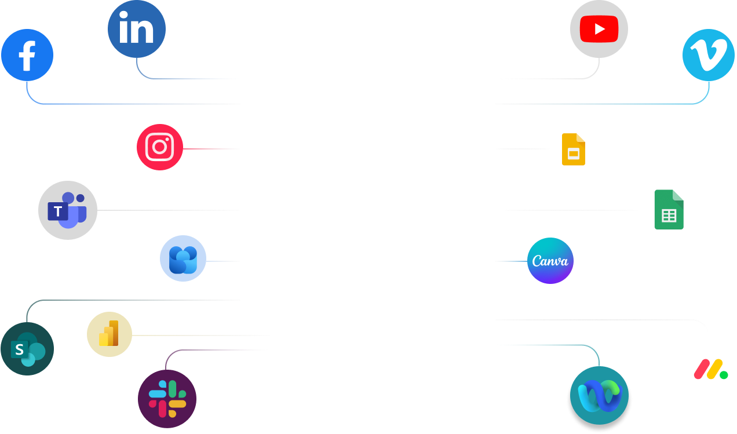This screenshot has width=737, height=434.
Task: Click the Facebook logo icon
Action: tap(27, 55)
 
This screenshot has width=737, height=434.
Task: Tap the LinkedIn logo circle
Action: tap(137, 29)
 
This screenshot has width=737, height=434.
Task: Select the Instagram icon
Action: tap(160, 147)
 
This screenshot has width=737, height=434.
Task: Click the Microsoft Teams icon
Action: tap(68, 210)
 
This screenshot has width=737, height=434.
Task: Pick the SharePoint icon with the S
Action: tap(27, 349)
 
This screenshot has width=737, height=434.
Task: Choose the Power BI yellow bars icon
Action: tap(110, 334)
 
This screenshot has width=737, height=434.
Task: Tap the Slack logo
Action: tap(167, 399)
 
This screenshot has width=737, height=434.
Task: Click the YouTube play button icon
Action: tap(599, 29)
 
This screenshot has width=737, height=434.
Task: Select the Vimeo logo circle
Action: tap(709, 55)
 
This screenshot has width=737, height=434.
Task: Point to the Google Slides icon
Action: tap(573, 149)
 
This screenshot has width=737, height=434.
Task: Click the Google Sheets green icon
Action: tap(669, 210)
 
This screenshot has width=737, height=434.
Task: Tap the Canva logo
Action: tap(550, 261)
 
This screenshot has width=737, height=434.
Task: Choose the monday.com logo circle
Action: tap(711, 369)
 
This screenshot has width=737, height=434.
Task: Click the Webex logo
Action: tap(599, 396)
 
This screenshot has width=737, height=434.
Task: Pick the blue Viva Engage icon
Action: tap(183, 258)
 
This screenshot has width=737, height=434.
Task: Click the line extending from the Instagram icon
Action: tap(211, 149)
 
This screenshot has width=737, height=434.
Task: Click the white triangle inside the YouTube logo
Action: tap(600, 29)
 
